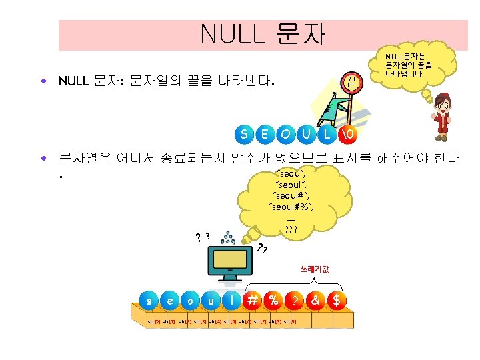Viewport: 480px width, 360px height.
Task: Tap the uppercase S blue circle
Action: coord(245,134)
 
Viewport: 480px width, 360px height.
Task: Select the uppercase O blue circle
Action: coord(285,134)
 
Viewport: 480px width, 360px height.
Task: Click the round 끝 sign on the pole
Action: coord(349,83)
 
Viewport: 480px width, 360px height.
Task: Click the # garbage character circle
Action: coord(253,301)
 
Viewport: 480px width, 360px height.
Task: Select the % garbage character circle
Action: coord(273,301)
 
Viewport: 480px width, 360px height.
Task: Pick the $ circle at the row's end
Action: coord(336,301)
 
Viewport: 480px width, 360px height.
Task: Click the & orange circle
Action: coord(315,301)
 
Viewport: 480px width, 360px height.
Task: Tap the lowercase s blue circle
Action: coord(149,301)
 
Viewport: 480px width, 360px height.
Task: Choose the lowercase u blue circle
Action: coord(211,301)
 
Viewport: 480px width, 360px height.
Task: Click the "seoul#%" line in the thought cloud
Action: coord(291,207)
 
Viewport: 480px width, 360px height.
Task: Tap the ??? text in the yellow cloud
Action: coord(291,230)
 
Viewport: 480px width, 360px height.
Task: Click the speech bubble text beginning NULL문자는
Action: coord(408,65)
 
